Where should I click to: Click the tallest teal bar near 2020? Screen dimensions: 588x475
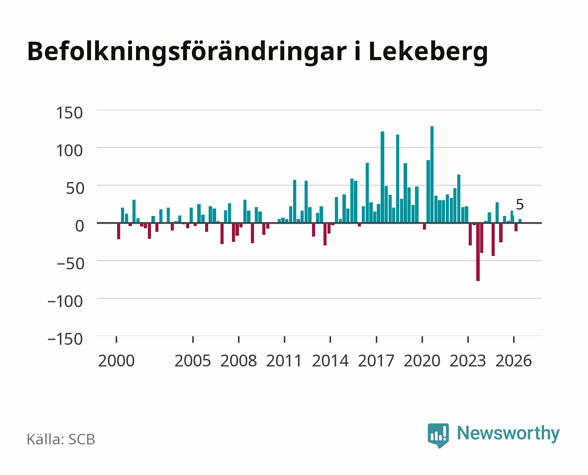(432, 174)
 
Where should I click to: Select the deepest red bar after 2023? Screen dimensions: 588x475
(478, 252)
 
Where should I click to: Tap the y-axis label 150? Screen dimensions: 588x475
(69, 113)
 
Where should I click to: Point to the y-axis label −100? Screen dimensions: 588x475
(65, 301)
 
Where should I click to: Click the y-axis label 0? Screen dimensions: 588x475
(79, 226)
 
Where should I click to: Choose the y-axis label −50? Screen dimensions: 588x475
(70, 264)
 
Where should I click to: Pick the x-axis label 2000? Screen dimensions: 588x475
(116, 361)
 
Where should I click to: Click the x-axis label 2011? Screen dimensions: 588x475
(284, 361)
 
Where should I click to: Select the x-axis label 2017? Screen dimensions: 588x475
(376, 361)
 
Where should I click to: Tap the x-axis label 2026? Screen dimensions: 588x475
(514, 361)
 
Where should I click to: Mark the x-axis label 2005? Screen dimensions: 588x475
(193, 361)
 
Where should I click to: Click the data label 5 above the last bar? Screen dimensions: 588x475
(520, 205)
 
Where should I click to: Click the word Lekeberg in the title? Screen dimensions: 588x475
(428, 53)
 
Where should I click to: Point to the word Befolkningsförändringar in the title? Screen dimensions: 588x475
(187, 53)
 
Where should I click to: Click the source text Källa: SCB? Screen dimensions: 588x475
(61, 439)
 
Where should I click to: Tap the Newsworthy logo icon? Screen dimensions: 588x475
(438, 435)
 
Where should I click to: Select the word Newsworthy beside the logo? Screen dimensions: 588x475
(508, 434)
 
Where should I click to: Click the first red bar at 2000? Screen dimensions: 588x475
(119, 231)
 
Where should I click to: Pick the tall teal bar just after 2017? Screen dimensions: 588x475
(382, 177)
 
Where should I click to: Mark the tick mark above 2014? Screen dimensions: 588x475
(330, 339)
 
